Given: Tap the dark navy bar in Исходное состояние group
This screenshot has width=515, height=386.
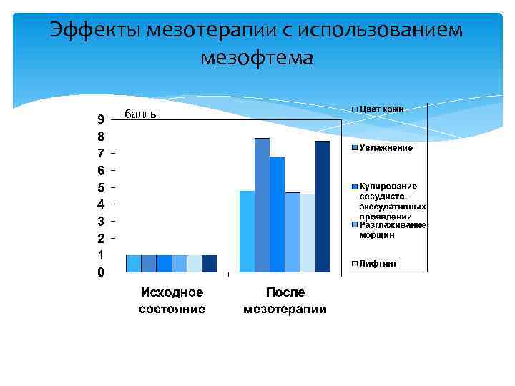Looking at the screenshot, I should click(210, 264).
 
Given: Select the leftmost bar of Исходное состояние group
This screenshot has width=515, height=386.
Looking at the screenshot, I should click(134, 264).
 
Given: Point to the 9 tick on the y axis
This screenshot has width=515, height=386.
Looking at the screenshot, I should click(101, 119).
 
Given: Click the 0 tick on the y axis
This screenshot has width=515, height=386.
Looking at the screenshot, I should click(101, 272).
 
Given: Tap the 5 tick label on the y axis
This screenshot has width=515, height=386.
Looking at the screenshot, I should click(101, 187).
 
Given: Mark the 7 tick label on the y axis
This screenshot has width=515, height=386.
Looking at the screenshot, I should click(101, 153).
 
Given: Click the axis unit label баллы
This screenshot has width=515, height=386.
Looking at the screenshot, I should click(141, 114).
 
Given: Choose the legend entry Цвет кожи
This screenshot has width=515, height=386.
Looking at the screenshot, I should click(381, 109).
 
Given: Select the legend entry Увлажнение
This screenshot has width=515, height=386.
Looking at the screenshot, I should click(386, 148).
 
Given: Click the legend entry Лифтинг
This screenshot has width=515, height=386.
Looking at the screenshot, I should click(378, 264).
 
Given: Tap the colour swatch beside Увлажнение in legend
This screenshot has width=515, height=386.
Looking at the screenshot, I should click(354, 148).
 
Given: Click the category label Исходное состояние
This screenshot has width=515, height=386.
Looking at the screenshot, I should click(172, 301).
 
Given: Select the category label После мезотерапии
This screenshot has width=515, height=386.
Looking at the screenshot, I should click(285, 301).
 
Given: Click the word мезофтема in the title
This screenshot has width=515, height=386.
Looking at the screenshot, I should click(257, 57).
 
